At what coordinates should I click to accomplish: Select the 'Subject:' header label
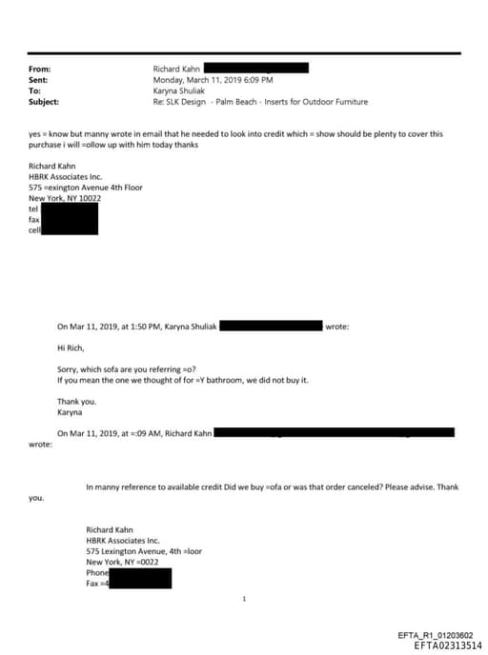pos(45,101)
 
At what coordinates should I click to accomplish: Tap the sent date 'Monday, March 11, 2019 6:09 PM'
pos(213,80)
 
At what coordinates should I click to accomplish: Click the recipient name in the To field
pos(179,90)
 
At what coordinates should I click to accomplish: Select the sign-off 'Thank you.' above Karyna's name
pos(76,402)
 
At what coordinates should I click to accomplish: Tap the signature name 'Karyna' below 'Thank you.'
pos(71,413)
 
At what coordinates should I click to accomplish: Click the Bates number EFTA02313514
pos(449,645)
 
